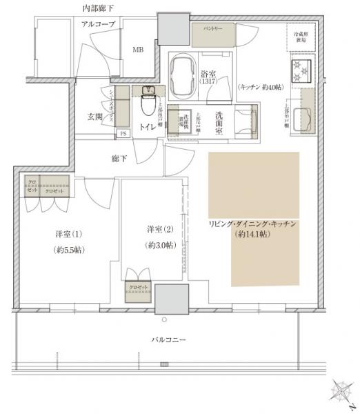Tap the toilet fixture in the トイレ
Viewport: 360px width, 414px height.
tap(147, 104)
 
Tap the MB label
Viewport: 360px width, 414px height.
tap(137, 49)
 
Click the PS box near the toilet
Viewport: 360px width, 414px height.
tap(123, 133)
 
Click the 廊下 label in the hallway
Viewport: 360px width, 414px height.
tap(119, 159)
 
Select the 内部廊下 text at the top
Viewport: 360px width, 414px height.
tap(98, 8)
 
